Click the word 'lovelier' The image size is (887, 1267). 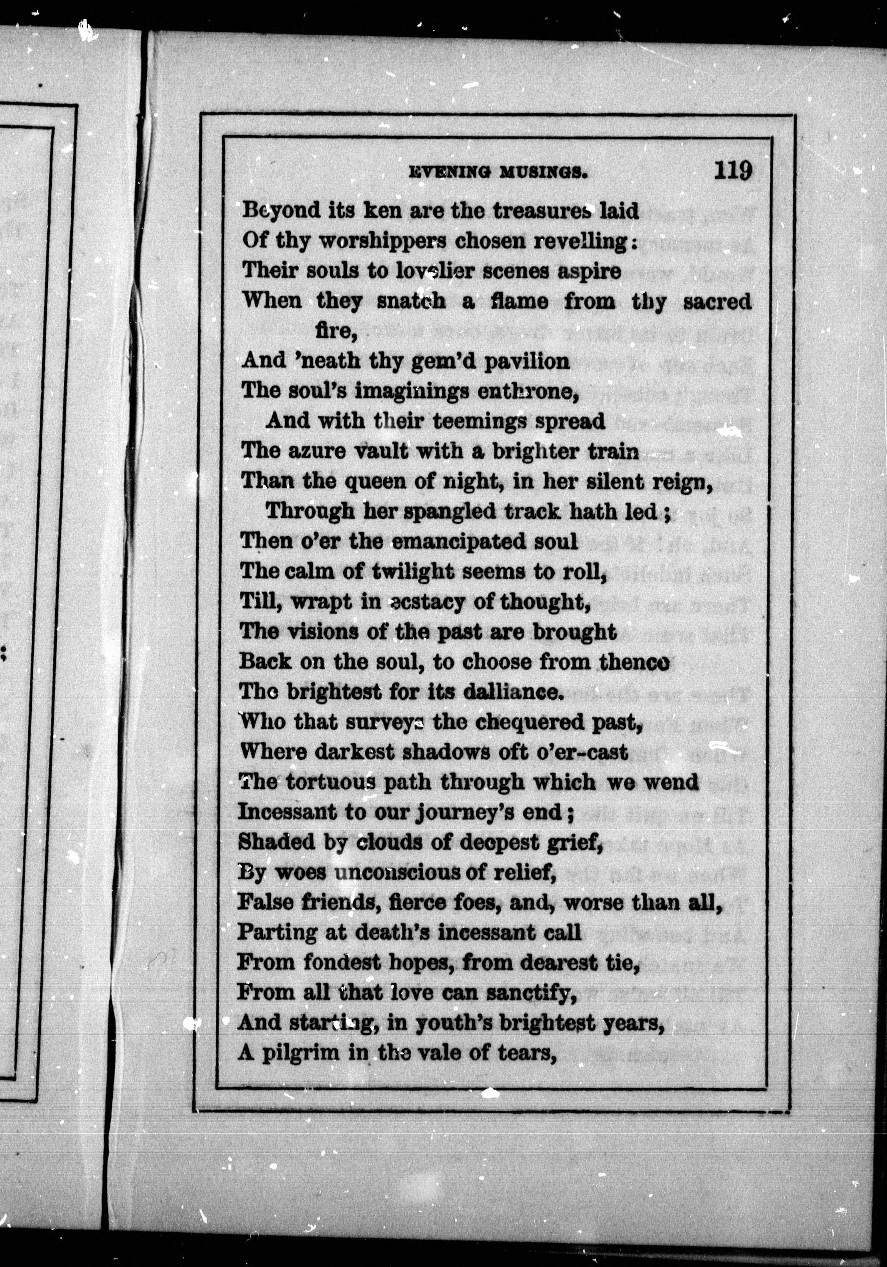click(423, 270)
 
